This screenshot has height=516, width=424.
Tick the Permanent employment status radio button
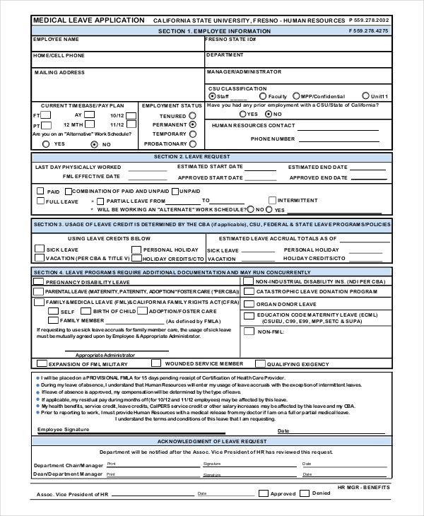(193, 124)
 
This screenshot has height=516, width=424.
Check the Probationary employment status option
(193, 143)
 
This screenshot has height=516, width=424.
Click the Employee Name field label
(57, 40)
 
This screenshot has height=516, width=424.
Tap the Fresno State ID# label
(230, 40)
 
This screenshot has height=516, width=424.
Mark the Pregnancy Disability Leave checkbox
(39, 281)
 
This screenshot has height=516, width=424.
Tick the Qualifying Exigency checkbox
(259, 364)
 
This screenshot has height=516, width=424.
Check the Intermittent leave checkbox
(271, 201)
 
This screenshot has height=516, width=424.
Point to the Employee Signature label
(64, 429)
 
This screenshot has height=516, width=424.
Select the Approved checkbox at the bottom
(263, 493)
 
